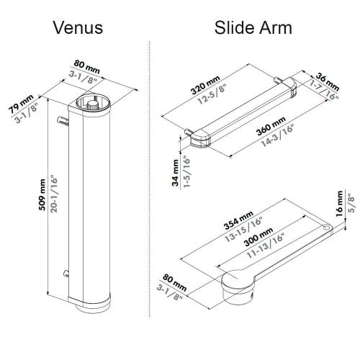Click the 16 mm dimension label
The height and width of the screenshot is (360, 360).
tap(339, 207)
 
